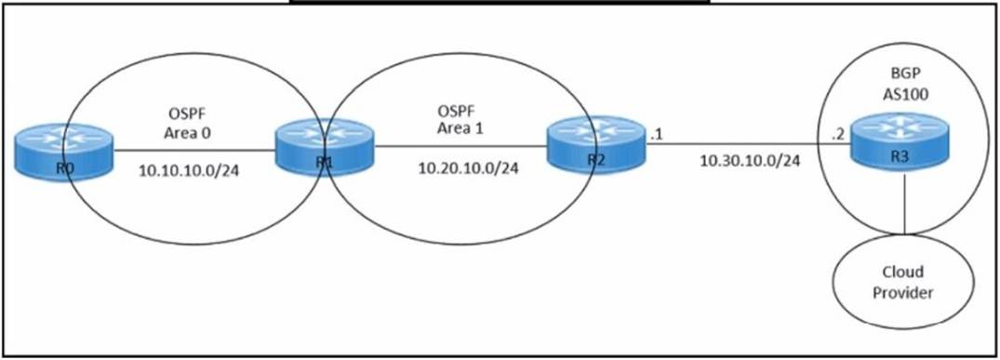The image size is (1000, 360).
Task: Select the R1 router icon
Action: pyautogui.click(x=322, y=150)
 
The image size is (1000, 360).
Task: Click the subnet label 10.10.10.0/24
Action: pyautogui.click(x=190, y=171)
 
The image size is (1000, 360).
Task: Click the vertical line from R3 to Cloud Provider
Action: pyautogui.click(x=906, y=205)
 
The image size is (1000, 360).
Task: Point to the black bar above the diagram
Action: pyautogui.click(x=499, y=2)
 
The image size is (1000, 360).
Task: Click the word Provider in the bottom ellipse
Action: pyautogui.click(x=904, y=293)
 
